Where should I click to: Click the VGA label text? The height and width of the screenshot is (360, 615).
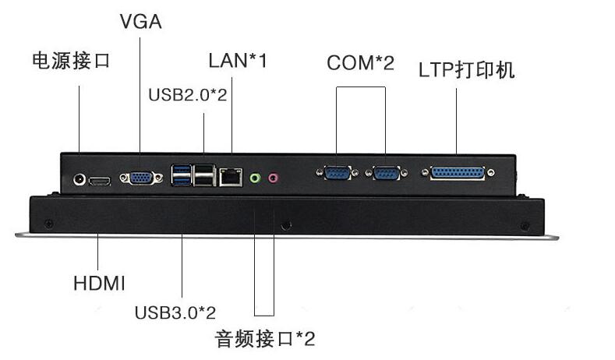click(141, 21)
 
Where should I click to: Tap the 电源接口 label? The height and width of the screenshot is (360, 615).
click(71, 62)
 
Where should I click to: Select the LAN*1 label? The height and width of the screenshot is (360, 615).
click(238, 61)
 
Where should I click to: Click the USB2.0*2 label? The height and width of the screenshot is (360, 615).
click(188, 94)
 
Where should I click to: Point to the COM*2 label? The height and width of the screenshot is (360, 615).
click(360, 63)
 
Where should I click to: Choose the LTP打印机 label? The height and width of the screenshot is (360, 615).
click(467, 70)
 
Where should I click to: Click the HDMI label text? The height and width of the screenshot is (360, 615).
click(99, 283)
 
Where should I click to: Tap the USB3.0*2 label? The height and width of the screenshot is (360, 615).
click(175, 312)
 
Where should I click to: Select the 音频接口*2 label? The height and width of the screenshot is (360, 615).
click(265, 338)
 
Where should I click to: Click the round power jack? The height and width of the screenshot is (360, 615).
click(80, 180)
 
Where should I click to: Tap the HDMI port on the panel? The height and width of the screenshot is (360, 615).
click(100, 182)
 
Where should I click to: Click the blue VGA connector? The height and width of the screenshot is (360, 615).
click(141, 178)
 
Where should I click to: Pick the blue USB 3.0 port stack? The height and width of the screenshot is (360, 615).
click(181, 175)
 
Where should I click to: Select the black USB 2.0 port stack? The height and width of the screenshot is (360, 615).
click(204, 175)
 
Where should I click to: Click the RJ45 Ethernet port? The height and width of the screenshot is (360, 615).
click(231, 177)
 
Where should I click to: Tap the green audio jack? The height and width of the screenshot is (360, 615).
click(255, 178)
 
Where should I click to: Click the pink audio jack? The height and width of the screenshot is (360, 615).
click(274, 178)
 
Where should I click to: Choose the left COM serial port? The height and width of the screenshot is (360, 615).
click(338, 172)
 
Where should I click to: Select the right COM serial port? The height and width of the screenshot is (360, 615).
click(387, 172)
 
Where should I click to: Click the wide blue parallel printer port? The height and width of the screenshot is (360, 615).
click(458, 173)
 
